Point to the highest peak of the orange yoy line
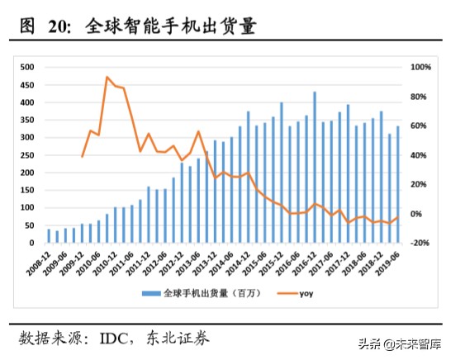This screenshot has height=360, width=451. click(x=107, y=78)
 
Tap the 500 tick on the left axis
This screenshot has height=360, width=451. click(x=27, y=67)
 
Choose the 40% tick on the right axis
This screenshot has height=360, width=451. click(x=420, y=155)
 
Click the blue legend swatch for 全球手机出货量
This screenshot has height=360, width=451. click(x=152, y=292)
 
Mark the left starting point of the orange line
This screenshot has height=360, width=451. click(x=83, y=156)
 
